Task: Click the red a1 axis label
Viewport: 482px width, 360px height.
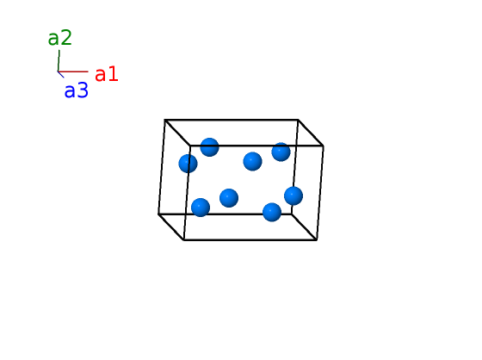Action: (x=107, y=74)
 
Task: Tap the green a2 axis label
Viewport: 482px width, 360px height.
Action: (x=60, y=38)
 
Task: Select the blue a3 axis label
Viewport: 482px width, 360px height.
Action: (x=77, y=90)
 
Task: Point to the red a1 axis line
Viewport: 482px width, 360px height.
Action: (x=73, y=71)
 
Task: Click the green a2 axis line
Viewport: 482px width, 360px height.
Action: (x=59, y=60)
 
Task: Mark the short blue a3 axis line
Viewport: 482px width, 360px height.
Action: (x=61, y=74)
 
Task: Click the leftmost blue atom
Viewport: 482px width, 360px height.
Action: (x=188, y=164)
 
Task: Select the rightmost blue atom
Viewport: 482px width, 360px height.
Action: (x=294, y=196)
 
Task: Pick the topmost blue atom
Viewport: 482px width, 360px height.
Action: (x=210, y=147)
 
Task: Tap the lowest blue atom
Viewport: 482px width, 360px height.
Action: (x=272, y=212)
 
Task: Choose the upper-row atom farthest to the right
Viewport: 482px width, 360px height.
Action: (x=281, y=152)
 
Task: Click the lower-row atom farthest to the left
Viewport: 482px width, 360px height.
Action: (x=201, y=208)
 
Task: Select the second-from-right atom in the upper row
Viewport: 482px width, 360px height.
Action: (x=252, y=161)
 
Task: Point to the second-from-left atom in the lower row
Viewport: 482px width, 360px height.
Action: (x=229, y=198)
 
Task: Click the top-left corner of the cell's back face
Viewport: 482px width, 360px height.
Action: (x=164, y=120)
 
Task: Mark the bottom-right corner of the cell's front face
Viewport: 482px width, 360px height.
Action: (x=317, y=239)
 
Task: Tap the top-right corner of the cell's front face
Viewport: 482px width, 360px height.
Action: (x=323, y=146)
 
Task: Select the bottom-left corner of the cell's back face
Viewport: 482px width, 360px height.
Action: (x=158, y=214)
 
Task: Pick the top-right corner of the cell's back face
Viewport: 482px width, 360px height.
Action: (x=298, y=120)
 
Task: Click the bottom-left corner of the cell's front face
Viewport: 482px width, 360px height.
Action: (x=183, y=239)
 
